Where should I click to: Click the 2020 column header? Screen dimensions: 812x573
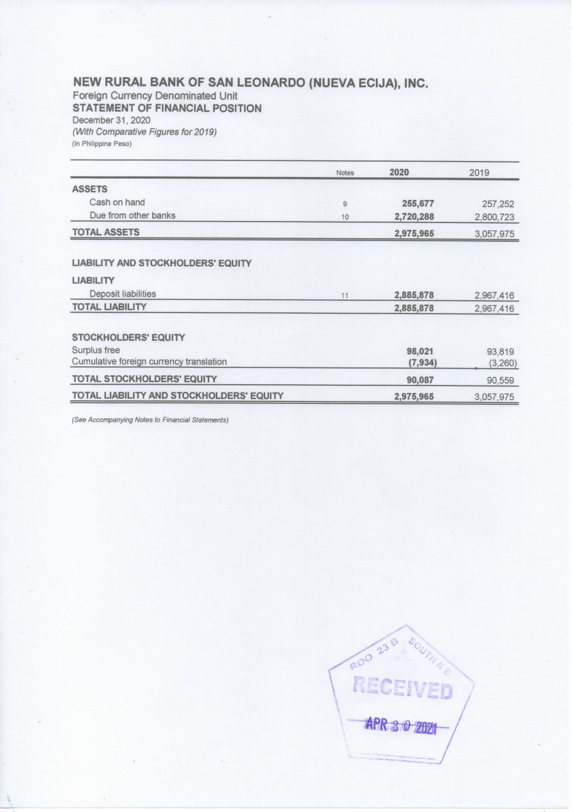click(399, 173)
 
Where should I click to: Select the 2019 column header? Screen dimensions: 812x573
click(479, 173)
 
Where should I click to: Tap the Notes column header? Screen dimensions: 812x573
click(345, 173)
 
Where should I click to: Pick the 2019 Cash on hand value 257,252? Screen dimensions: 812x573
click(498, 204)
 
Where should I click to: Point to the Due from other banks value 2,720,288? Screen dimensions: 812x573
click(414, 217)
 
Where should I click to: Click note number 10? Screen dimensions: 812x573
click(345, 217)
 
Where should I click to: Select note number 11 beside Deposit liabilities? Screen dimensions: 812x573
click(345, 296)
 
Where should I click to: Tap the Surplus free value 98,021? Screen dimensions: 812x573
click(420, 352)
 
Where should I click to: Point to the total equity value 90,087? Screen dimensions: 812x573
click(420, 380)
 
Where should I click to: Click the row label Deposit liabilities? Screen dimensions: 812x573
click(122, 294)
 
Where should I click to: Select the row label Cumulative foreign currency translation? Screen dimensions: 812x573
click(149, 362)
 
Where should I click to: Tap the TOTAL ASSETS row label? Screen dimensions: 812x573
click(106, 232)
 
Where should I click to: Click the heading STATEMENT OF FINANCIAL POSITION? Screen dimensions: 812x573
click(167, 109)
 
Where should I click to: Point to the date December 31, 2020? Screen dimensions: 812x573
click(111, 120)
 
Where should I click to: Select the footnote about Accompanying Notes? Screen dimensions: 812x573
click(150, 420)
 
